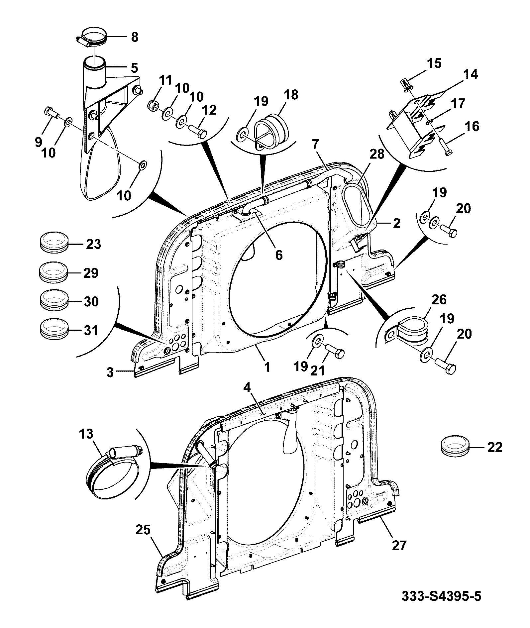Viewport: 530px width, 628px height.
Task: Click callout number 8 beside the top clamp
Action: (134, 37)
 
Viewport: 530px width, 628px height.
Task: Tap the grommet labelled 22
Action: (455, 447)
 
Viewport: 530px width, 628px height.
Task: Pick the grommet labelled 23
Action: (53, 243)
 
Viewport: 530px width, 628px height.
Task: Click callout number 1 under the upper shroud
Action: (266, 367)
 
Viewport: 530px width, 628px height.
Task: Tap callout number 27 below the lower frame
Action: (399, 546)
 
